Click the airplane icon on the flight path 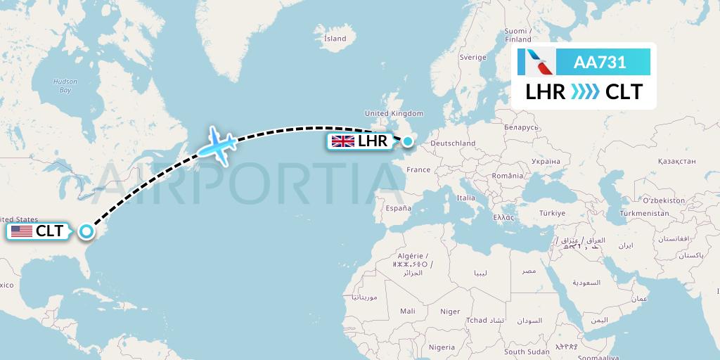tap(217, 145)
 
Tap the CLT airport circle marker tap(86, 231)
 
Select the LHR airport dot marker tap(407, 141)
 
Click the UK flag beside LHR tap(343, 141)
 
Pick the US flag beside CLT tap(22, 231)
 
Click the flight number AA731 tap(600, 63)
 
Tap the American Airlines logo tap(536, 63)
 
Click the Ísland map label tap(335, 39)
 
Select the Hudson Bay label tap(65, 86)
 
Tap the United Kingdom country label tap(394, 113)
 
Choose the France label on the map tap(418, 169)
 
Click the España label tap(397, 208)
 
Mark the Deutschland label tap(453, 143)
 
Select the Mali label tap(407, 311)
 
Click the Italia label tap(465, 198)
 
